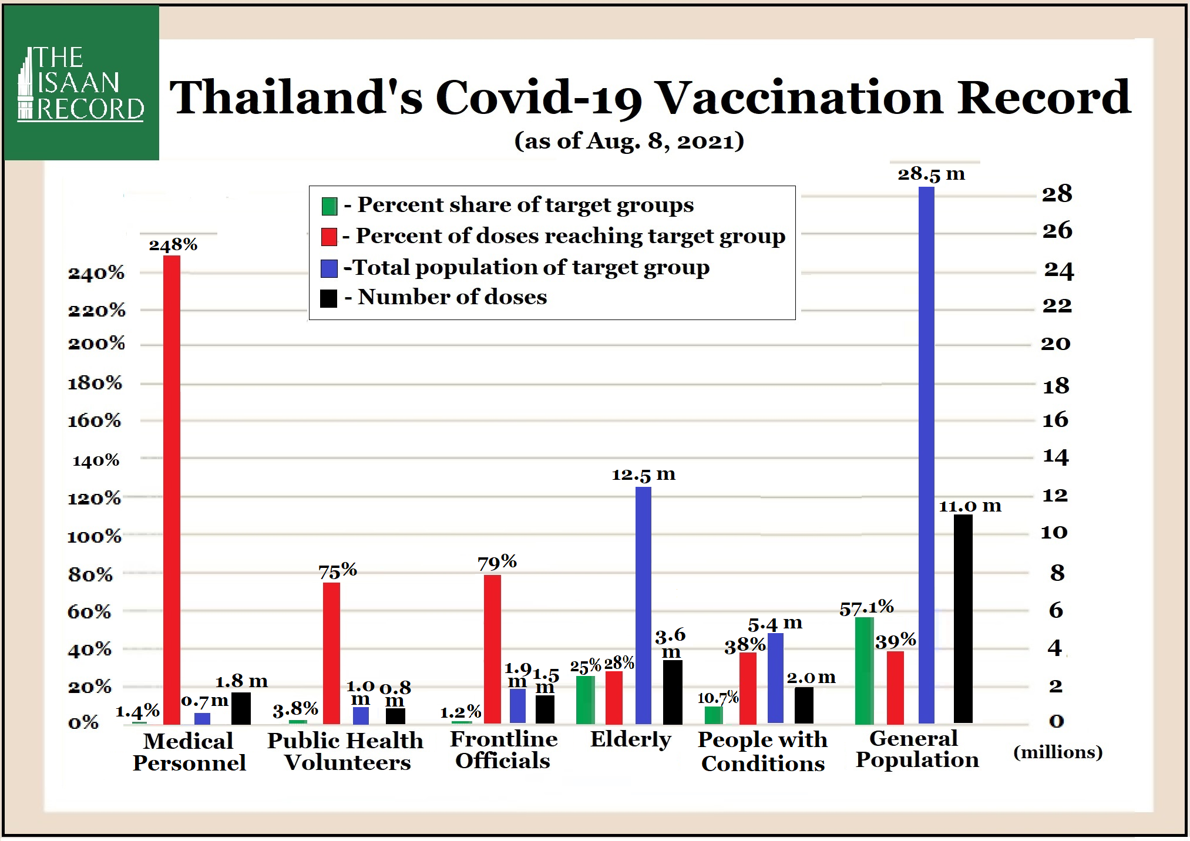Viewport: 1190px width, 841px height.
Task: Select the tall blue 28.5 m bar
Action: [926, 455]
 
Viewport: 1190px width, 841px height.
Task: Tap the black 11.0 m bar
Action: [963, 618]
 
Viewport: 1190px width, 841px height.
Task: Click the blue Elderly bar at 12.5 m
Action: [643, 605]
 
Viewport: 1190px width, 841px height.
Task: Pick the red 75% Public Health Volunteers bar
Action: [331, 653]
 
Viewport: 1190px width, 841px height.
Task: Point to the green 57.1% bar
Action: [864, 670]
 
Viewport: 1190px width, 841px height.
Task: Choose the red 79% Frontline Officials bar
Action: [492, 649]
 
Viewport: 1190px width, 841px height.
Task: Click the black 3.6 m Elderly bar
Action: [673, 692]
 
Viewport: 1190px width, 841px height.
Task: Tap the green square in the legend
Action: [329, 206]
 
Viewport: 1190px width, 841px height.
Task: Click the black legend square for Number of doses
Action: [329, 298]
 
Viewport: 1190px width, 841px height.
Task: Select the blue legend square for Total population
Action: [329, 268]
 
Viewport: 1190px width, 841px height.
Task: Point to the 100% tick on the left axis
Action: [95, 536]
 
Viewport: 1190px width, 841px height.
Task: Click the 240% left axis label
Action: [96, 273]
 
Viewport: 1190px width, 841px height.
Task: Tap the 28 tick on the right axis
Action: [1057, 194]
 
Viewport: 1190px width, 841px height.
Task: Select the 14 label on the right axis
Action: [1055, 456]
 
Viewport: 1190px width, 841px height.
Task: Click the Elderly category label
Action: [630, 739]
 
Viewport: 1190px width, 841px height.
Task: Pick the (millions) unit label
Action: [1058, 752]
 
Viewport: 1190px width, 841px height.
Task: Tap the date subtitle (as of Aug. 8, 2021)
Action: [629, 141]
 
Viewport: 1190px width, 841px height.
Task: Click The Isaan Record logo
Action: [82, 83]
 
